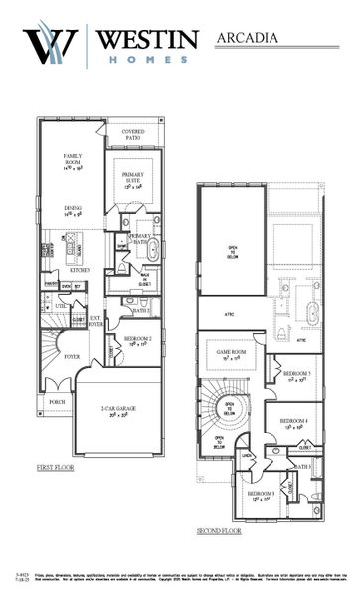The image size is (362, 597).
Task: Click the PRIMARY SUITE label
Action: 133,183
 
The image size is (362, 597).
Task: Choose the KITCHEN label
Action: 80,270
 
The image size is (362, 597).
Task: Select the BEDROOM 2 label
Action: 136,340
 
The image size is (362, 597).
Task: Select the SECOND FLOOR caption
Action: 218,531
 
